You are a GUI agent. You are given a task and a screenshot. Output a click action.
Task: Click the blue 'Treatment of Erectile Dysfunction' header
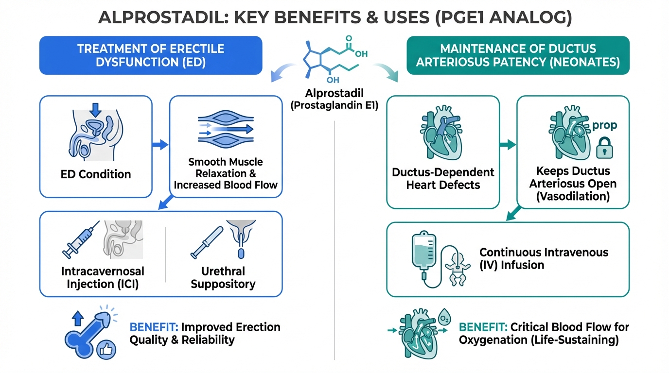pyautogui.click(x=151, y=55)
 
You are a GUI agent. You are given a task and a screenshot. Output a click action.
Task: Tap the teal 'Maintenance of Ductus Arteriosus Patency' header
pyautogui.click(x=518, y=55)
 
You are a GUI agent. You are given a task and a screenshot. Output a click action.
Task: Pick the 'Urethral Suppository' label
pyautogui.click(x=223, y=277)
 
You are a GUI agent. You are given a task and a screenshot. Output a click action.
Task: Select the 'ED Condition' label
pyautogui.click(x=96, y=174)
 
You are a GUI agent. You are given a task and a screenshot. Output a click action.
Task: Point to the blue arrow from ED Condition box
pyautogui.click(x=160, y=145)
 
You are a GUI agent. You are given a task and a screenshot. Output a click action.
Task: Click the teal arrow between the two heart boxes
pyautogui.click(x=508, y=144)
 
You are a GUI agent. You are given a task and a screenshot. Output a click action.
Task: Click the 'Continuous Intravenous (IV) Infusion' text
pyautogui.click(x=544, y=259)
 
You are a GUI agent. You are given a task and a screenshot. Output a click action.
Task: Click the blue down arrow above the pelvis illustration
pyautogui.click(x=96, y=109)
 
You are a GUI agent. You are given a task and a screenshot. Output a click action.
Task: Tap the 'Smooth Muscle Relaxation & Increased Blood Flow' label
pyautogui.click(x=226, y=173)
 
